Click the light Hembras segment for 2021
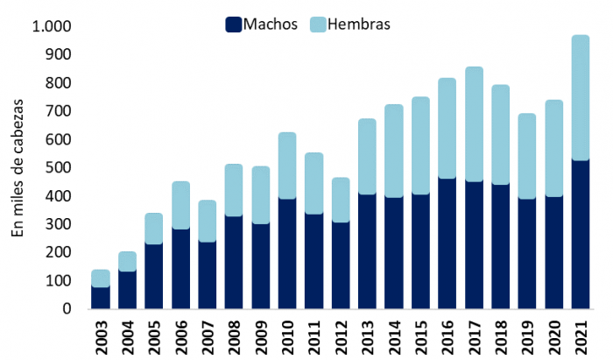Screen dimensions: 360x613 tap(581, 97)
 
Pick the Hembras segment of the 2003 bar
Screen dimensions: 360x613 tap(101, 279)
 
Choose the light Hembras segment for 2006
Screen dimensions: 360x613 tap(180, 206)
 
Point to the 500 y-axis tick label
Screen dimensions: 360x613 tap(58, 167)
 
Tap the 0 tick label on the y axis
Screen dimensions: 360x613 tap(66, 309)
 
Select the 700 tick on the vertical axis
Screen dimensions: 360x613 tap(58, 111)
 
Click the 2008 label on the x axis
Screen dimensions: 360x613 tap(234, 336)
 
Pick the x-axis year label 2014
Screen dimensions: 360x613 tap(394, 336)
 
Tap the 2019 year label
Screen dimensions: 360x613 tap(527, 336)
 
